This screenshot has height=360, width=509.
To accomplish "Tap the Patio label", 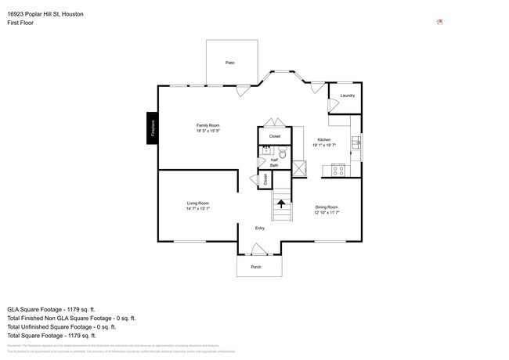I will pos(230,63).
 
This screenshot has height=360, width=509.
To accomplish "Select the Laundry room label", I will pos(348,95).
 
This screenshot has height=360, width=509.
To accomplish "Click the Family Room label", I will pos(208,126).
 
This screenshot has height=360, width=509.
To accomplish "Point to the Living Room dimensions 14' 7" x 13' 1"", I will pos(198,209).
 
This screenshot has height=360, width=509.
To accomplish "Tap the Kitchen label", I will pos(324,140).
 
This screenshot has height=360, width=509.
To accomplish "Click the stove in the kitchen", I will pos(339,168).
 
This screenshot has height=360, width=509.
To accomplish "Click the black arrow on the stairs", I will pos(281,206).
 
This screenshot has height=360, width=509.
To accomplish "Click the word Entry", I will pos(260,229).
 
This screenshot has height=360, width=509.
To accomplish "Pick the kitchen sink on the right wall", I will pos(357,142).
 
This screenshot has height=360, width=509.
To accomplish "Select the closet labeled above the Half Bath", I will pos(275,136).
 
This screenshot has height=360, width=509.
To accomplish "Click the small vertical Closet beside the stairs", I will pos(266,180).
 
